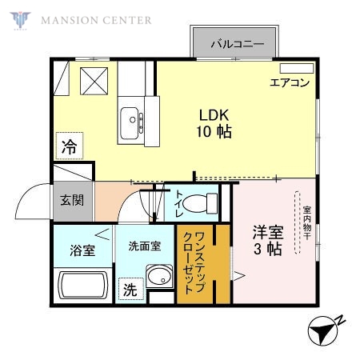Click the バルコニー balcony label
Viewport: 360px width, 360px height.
(237, 44)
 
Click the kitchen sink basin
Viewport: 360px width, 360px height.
(130, 124)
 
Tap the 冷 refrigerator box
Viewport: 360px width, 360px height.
(70, 147)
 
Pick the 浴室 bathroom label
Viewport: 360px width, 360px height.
(82, 250)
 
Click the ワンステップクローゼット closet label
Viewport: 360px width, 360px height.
(194, 265)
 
